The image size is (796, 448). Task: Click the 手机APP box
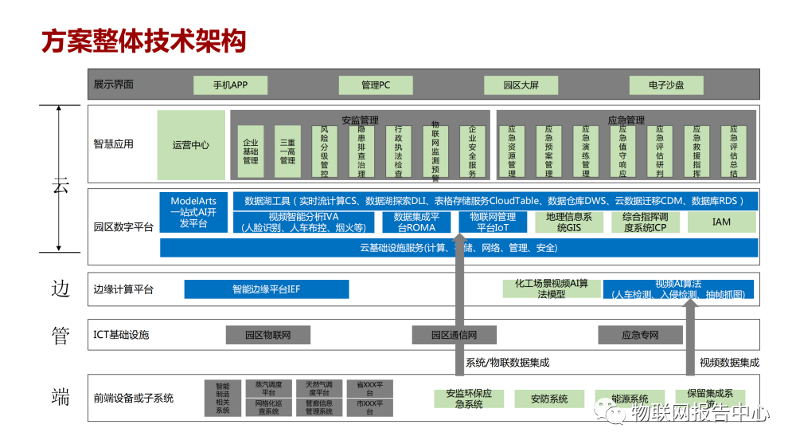coord(230,84)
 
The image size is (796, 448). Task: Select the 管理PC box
coord(375,84)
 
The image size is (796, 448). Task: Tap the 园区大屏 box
coord(520,84)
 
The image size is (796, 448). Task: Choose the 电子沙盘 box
coord(666,84)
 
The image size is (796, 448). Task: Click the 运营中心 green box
coord(191,145)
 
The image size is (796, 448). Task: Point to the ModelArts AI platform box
coord(193,212)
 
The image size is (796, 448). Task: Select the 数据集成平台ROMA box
coord(415,222)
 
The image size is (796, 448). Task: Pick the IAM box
coord(721,222)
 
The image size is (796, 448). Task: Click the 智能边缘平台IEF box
coord(266,289)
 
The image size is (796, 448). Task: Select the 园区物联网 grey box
coord(267,335)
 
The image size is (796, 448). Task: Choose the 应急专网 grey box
coord(640,335)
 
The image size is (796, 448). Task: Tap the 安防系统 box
coord(549,399)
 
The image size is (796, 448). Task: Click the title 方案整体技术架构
coord(143,41)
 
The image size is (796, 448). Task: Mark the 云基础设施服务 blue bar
coord(458,248)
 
